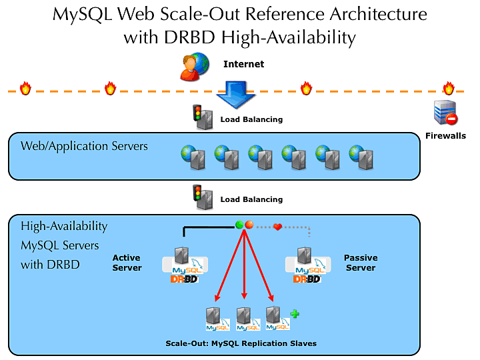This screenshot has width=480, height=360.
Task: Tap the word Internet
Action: (x=243, y=65)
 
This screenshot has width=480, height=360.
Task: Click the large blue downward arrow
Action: (x=237, y=95)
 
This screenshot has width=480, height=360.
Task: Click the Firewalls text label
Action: (x=445, y=136)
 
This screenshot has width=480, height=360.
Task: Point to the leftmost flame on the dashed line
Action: (x=25, y=89)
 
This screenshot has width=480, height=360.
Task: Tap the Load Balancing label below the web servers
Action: (x=251, y=199)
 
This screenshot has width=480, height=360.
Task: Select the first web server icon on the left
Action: (x=193, y=157)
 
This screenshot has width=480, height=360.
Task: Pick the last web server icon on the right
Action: (x=361, y=157)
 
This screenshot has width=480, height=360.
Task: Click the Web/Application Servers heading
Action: (x=84, y=145)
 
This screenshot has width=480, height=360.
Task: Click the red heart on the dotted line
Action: (x=278, y=227)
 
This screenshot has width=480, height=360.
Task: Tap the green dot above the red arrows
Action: (x=239, y=225)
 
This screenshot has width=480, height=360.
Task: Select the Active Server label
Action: (x=127, y=263)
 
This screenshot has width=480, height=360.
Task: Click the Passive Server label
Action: (x=361, y=263)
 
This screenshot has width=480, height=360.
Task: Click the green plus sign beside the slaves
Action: (x=294, y=313)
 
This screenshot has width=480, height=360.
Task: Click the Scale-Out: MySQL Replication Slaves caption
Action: (x=241, y=343)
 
